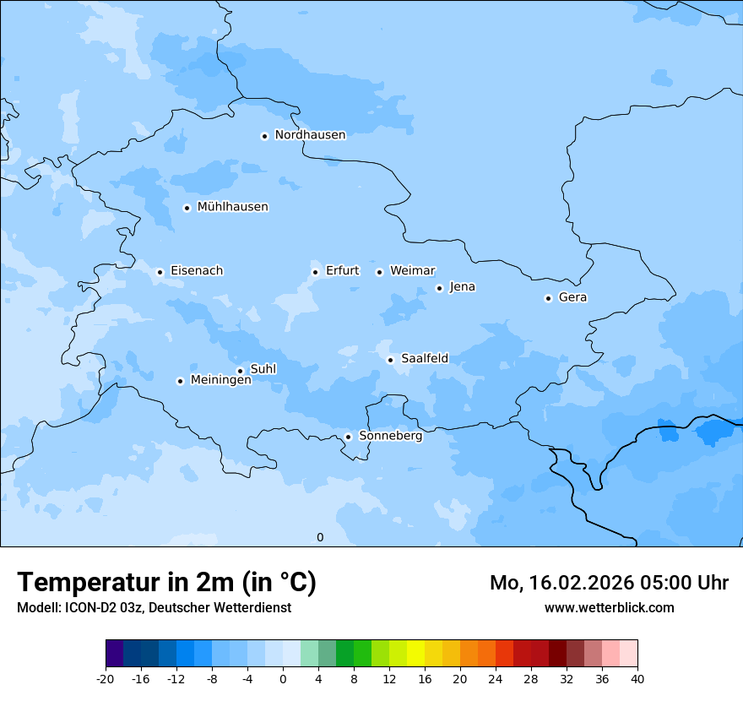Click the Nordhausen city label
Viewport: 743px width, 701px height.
310,135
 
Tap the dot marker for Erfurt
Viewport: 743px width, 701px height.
315,272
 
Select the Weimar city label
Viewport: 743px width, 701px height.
412,271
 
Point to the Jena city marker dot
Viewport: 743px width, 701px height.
439,288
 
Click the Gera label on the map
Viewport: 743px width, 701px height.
572,297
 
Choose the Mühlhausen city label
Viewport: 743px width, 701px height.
232,207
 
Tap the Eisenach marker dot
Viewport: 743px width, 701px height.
160,272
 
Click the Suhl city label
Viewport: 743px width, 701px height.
263,369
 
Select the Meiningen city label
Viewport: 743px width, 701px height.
220,380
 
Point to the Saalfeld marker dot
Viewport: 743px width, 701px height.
390,360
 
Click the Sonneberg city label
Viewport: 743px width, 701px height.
390,436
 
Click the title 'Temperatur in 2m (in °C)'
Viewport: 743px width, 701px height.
166,582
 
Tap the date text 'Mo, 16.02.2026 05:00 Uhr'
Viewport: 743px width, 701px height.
609,583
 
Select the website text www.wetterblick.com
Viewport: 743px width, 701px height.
609,607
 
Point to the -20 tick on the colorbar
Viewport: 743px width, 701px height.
106,678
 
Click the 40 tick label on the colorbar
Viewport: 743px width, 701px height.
637,678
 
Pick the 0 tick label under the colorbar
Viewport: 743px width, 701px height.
283,678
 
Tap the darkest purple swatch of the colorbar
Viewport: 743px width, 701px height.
114,654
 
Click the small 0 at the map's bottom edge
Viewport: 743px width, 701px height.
320,537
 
